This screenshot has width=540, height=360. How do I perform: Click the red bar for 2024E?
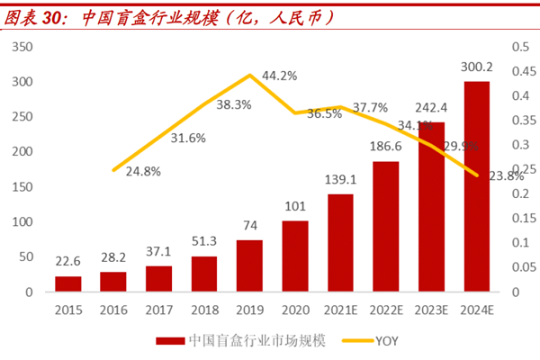[476, 186]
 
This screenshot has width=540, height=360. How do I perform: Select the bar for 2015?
[67, 283]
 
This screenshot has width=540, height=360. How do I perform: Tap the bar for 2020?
[295, 256]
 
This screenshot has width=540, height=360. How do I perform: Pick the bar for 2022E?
[385, 227]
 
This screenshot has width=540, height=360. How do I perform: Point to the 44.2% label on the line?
[280, 76]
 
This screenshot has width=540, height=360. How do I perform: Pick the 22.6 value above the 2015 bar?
[68, 263]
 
